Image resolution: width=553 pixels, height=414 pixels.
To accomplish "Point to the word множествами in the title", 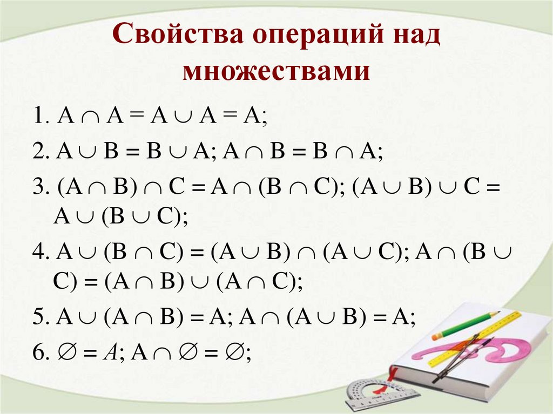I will pyautogui.click(x=276, y=71).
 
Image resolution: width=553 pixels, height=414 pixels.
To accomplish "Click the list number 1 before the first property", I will pyautogui.click(x=39, y=118).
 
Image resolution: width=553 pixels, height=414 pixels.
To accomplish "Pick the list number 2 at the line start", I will pyautogui.click(x=39, y=153).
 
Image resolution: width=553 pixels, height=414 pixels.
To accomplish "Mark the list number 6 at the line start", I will pyautogui.click(x=39, y=352).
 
